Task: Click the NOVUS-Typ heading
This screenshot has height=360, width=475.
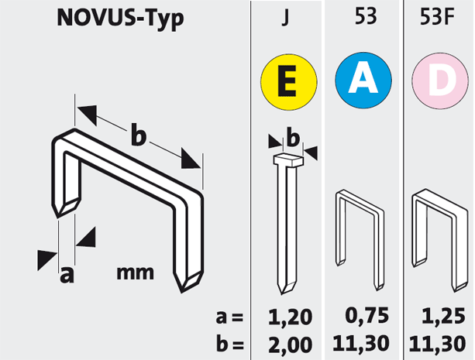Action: [x=120, y=19]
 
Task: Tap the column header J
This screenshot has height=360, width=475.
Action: [x=285, y=17]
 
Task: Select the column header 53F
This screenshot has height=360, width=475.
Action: [x=437, y=17]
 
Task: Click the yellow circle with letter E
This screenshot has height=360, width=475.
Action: [x=289, y=82]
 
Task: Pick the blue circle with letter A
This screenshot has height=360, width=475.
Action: [x=363, y=81]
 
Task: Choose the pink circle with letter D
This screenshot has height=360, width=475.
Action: [x=440, y=81]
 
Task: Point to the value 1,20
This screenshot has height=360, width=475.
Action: [x=290, y=317]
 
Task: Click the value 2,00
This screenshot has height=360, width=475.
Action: [x=290, y=345]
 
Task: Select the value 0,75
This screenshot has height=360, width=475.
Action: [x=367, y=316]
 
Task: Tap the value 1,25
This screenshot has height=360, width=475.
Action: [x=443, y=316]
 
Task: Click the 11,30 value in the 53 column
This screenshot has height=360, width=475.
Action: [x=361, y=343]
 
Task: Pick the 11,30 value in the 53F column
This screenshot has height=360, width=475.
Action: [x=437, y=344]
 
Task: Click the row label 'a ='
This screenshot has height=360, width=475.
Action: [x=229, y=317]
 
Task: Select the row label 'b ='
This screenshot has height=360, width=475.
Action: [x=230, y=344]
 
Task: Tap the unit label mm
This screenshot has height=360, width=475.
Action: [x=135, y=273]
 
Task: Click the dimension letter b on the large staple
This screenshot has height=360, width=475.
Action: [x=139, y=134]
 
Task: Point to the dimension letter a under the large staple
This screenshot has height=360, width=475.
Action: [x=67, y=275]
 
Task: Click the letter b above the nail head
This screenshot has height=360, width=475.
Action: [x=293, y=138]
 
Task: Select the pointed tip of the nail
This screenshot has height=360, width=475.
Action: [x=282, y=293]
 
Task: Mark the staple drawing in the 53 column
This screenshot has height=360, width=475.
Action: [x=360, y=240]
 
